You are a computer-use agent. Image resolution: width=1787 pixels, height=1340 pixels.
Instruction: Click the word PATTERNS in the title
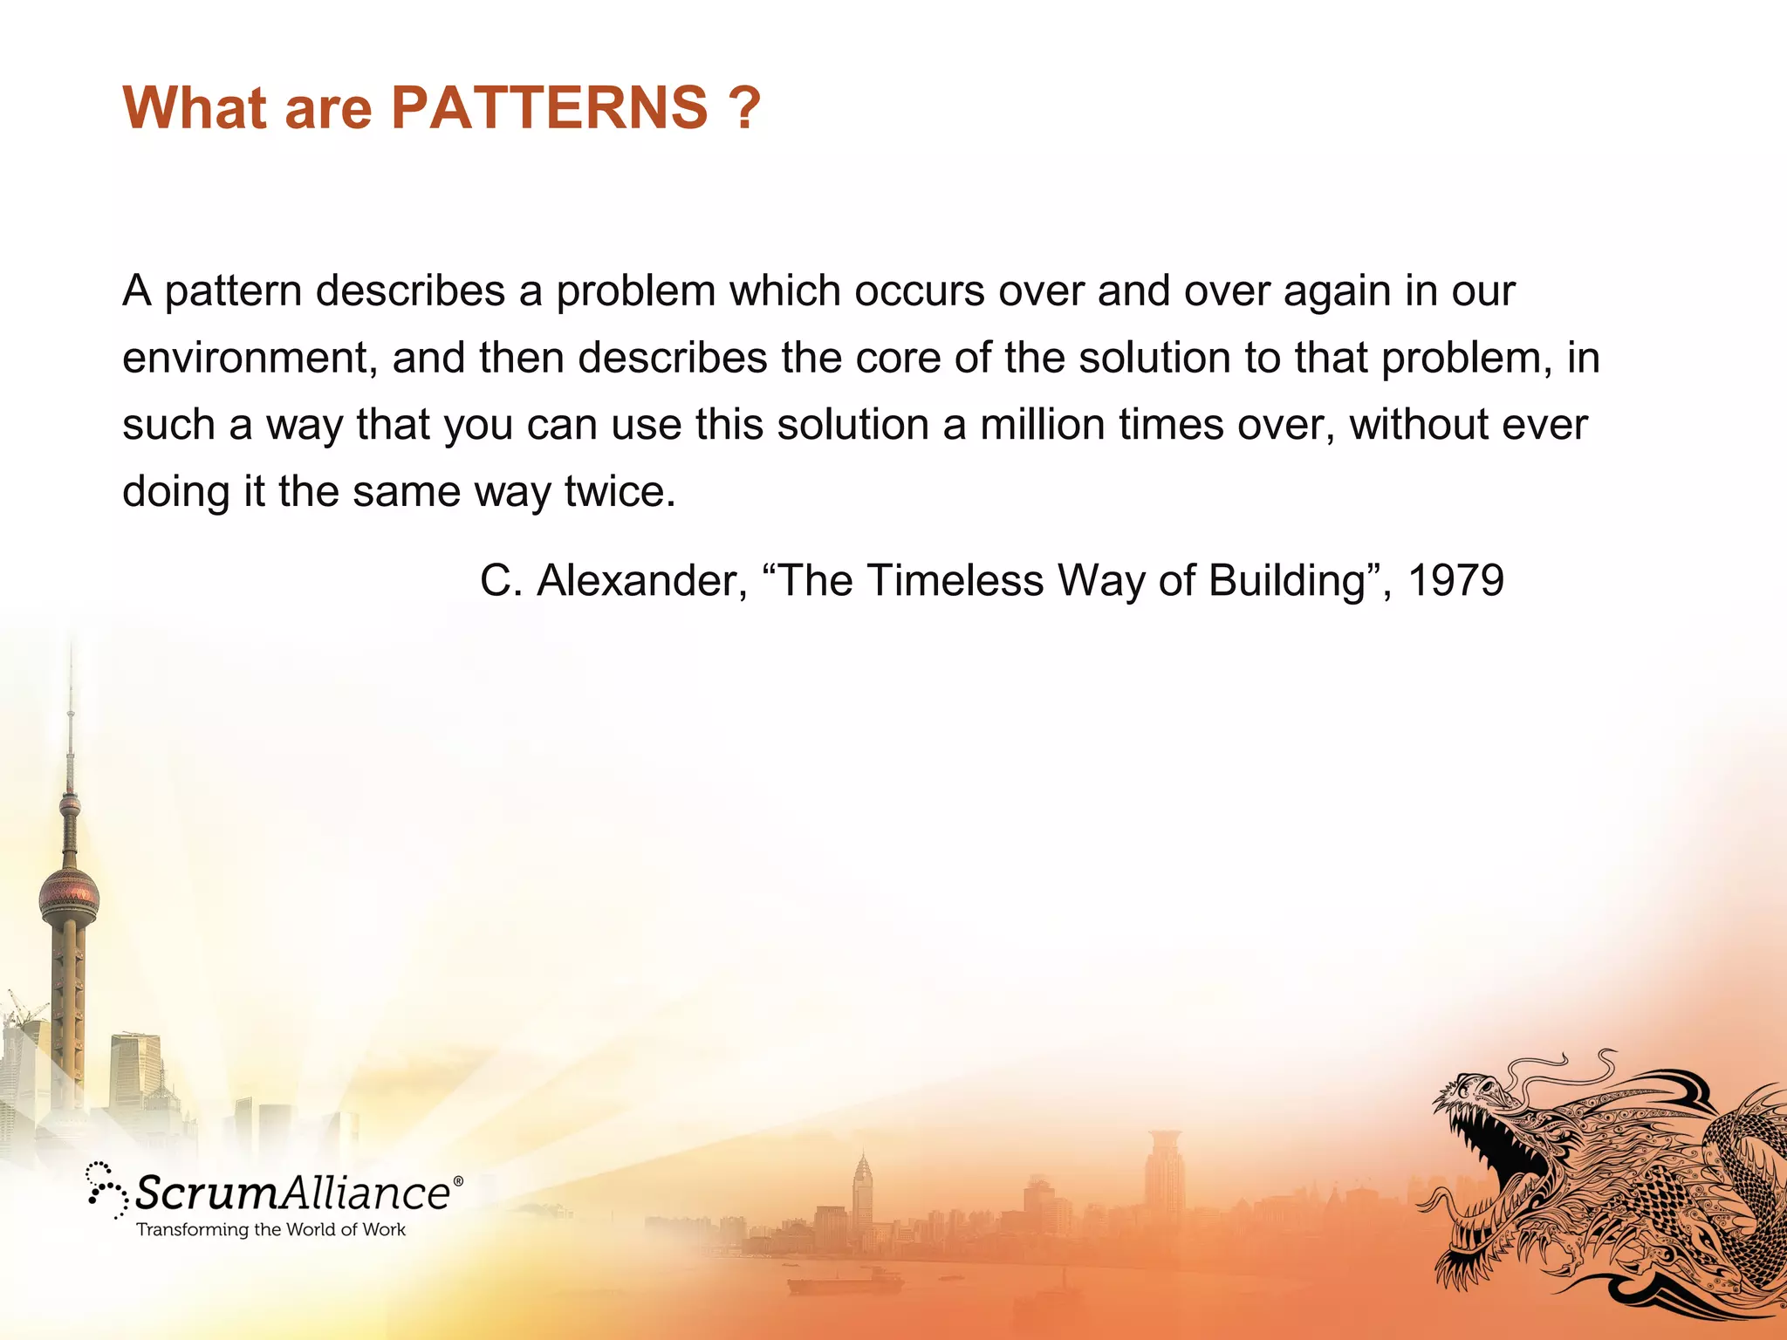[550, 108]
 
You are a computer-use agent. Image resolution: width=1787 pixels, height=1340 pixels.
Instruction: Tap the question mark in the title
[743, 108]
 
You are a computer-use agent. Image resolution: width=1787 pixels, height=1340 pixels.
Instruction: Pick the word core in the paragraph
[898, 359]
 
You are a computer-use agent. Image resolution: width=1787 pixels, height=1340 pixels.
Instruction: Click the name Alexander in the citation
[641, 581]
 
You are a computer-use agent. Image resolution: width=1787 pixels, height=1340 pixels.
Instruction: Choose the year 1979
[1456, 581]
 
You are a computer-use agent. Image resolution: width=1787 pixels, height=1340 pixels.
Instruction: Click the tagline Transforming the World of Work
[271, 1230]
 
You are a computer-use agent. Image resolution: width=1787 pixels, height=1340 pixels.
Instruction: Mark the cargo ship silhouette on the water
[843, 1282]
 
